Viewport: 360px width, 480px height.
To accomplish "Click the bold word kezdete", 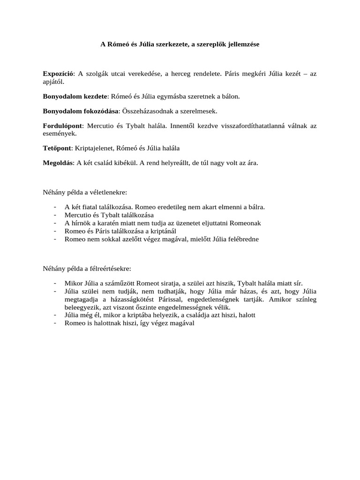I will coord(93,97).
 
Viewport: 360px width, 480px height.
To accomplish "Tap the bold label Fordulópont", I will coord(62,126).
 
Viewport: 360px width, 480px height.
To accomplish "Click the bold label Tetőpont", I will coord(57,148).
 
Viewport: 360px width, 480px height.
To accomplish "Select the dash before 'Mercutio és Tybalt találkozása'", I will coord(56,215).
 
